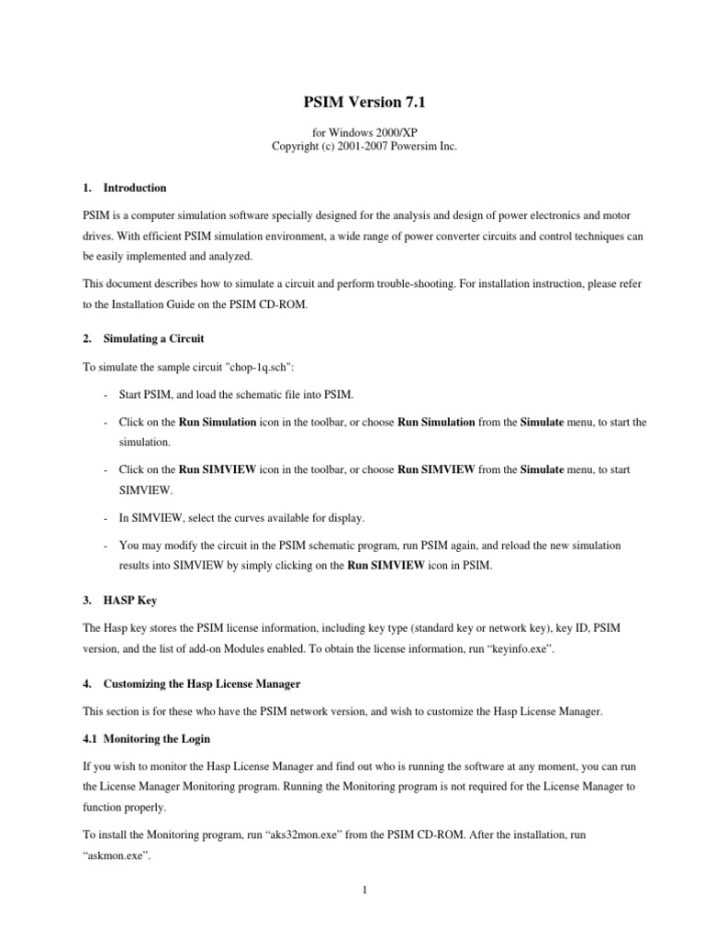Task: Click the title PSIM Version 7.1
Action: pos(352,105)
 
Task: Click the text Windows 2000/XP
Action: pos(367,133)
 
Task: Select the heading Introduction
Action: pos(135,188)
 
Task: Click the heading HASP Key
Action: pos(130,601)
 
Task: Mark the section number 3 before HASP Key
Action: pos(85,601)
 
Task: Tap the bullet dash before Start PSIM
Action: pos(108,395)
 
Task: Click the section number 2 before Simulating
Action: pos(85,338)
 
